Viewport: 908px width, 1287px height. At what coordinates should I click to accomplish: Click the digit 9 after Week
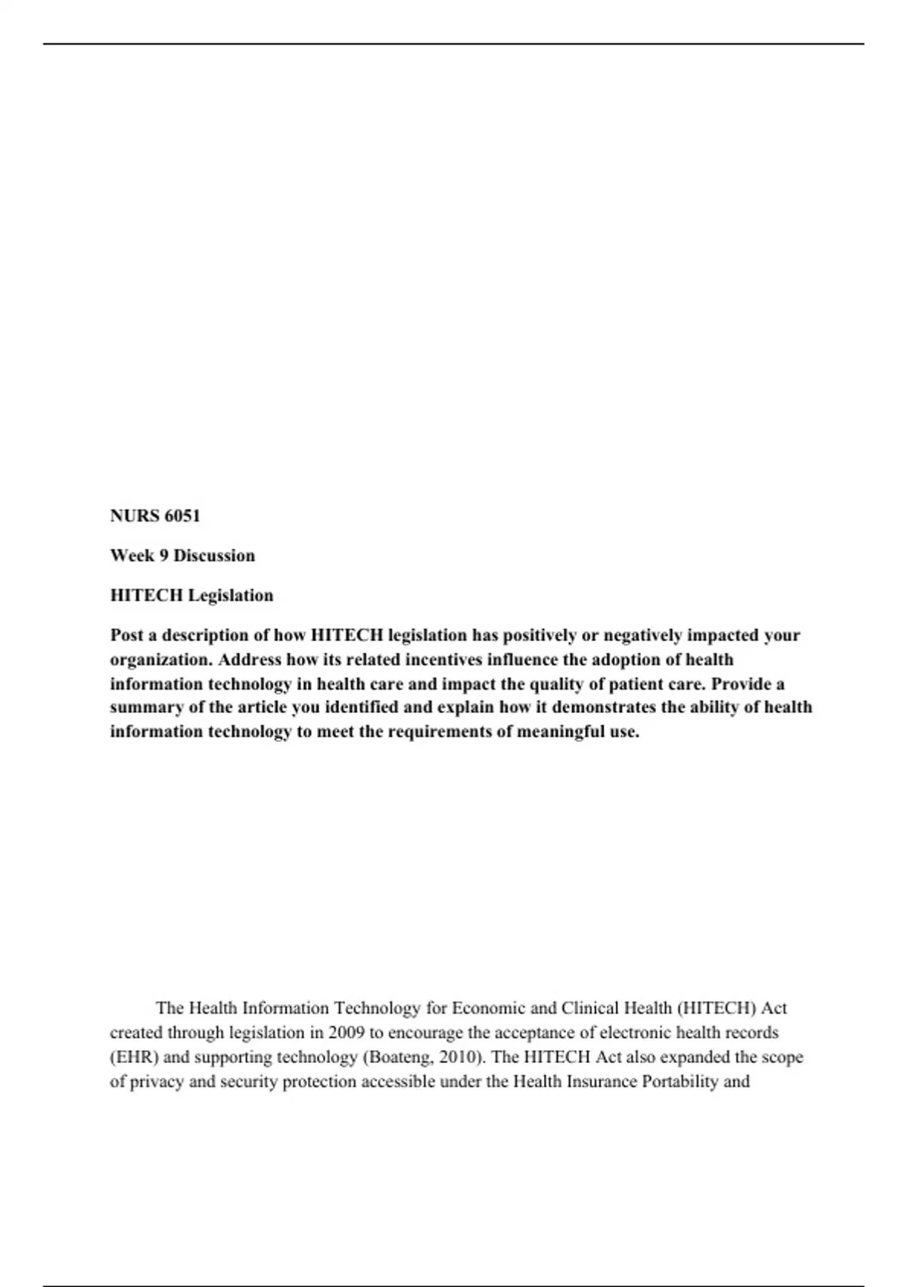[x=163, y=556]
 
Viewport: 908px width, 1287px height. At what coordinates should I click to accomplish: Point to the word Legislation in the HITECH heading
[x=231, y=596]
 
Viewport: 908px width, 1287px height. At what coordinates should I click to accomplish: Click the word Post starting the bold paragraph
[x=126, y=635]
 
